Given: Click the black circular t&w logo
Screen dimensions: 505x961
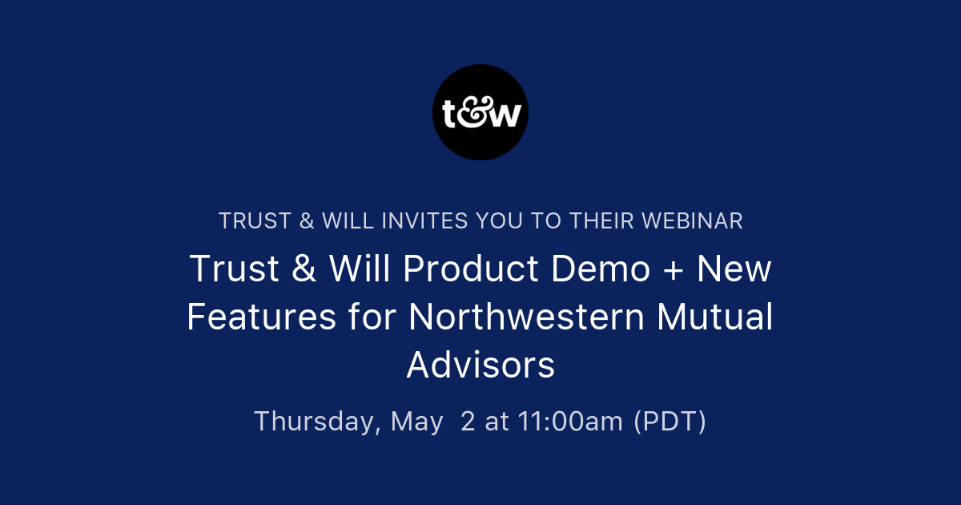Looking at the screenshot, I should click(x=480, y=112).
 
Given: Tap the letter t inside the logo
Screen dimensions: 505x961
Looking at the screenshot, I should click(x=451, y=115).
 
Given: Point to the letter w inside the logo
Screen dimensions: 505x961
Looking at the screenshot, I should click(x=508, y=116).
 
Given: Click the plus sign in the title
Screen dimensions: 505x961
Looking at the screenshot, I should click(x=674, y=270).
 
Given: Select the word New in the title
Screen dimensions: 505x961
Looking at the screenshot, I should click(x=734, y=269).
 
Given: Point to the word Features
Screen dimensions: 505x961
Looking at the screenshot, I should click(x=262, y=317).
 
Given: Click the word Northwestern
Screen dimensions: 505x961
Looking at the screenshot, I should click(x=526, y=317).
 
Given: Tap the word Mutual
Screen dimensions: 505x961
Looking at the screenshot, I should click(x=715, y=317).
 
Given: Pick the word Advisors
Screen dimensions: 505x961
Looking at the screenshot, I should click(x=480, y=366).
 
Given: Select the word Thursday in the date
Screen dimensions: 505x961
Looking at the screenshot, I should click(x=317, y=422).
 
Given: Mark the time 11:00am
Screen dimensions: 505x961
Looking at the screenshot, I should click(x=570, y=422).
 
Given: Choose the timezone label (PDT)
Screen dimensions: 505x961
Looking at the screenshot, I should click(x=669, y=422).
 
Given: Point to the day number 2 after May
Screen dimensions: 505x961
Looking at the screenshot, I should click(x=468, y=422).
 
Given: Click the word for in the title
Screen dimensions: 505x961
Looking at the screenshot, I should click(x=372, y=317).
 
